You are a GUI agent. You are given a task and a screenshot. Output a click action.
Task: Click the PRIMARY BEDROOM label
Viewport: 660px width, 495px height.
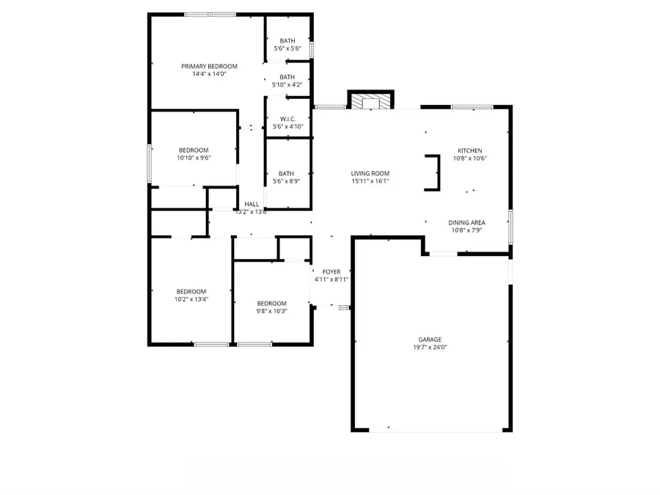click(x=209, y=66)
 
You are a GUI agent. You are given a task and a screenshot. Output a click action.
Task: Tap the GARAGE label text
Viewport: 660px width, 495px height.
click(x=430, y=339)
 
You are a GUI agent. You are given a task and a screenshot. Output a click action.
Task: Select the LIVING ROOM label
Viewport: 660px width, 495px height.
click(x=370, y=173)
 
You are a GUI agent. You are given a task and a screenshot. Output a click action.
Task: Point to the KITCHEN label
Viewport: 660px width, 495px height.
click(x=469, y=150)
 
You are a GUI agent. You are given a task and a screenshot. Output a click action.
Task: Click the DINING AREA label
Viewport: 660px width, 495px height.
click(x=467, y=223)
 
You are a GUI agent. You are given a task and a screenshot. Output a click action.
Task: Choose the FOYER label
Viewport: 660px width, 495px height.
click(x=331, y=271)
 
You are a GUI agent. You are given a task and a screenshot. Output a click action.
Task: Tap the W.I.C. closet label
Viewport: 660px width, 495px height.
click(x=287, y=119)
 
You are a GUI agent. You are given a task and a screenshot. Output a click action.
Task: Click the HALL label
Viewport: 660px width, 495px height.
click(x=252, y=204)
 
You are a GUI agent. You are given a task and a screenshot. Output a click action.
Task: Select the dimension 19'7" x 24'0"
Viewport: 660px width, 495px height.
click(x=430, y=347)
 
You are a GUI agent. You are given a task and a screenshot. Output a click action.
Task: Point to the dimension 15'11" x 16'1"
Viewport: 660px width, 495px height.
click(x=370, y=181)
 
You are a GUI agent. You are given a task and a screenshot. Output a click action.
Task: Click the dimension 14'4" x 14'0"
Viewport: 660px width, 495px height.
click(x=209, y=74)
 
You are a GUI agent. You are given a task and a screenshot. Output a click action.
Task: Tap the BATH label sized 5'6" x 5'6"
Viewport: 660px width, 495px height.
click(x=287, y=40)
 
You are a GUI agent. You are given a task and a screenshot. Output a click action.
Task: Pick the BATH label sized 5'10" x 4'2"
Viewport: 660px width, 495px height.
click(x=287, y=77)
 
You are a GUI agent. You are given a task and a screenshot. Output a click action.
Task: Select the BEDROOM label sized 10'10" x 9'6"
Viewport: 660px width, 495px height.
click(x=194, y=150)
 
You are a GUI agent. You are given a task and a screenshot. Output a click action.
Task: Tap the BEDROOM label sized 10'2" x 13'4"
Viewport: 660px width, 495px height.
click(x=191, y=291)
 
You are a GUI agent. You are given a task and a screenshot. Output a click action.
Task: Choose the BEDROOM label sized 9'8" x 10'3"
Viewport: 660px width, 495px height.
click(x=271, y=303)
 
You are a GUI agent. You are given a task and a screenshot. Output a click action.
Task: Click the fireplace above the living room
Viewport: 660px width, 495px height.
click(x=370, y=100)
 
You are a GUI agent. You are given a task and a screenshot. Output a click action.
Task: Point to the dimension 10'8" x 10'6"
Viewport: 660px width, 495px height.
click(x=469, y=158)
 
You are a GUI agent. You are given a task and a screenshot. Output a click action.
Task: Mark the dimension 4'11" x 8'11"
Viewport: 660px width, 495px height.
click(x=331, y=279)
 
